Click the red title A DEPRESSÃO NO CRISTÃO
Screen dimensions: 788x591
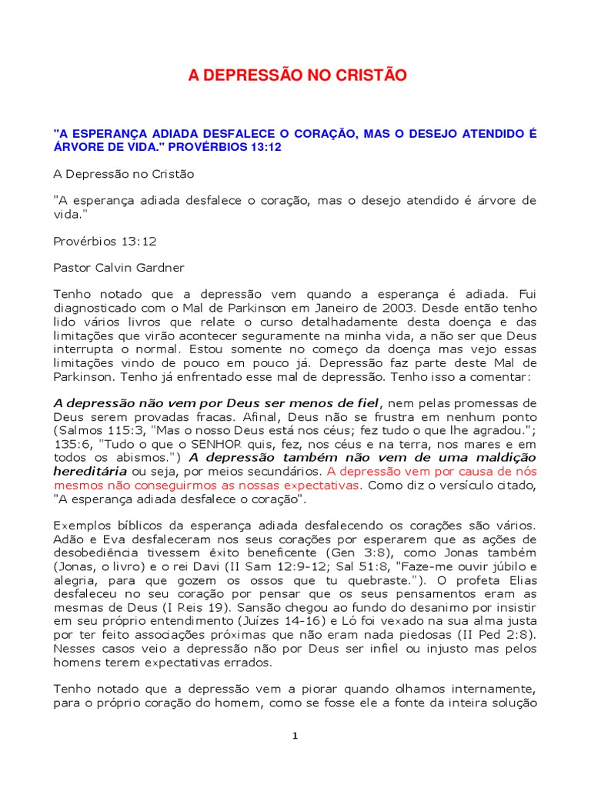[298, 75]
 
